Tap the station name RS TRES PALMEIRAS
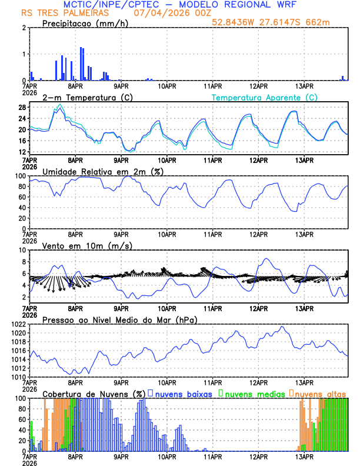(56, 13)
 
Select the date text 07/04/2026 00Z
(166, 13)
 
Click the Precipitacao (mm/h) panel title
(82, 24)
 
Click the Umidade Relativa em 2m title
(101, 171)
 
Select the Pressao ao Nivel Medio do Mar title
(119, 319)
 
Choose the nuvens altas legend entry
(321, 394)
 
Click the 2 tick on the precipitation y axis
(23, 28)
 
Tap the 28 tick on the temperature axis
(21, 108)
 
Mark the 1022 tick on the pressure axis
(17, 324)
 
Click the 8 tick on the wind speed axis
(23, 262)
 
